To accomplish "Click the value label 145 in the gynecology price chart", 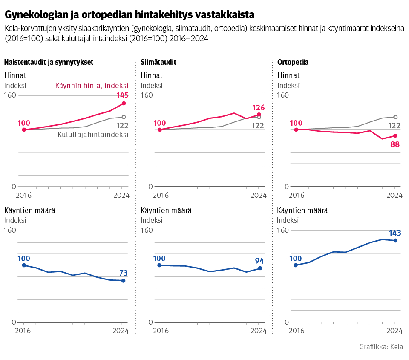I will (123, 95).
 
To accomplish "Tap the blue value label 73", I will (123, 273).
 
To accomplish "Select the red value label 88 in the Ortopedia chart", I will (395, 144).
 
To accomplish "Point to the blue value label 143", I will (395, 233).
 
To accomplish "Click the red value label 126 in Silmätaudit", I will (259, 107).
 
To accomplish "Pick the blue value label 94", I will (259, 261).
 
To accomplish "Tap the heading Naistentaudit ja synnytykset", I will (49, 62).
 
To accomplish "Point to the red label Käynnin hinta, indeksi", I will (92, 86).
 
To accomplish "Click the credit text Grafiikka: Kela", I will (381, 347).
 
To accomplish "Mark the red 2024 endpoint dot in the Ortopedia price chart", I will (395, 136).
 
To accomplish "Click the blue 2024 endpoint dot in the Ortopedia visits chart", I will (395, 241).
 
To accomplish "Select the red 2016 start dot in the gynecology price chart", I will (24, 130).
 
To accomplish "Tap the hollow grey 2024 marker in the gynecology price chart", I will (124, 117).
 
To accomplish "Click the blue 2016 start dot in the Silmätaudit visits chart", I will (159, 265).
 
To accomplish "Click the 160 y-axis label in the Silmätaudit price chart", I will (147, 95).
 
